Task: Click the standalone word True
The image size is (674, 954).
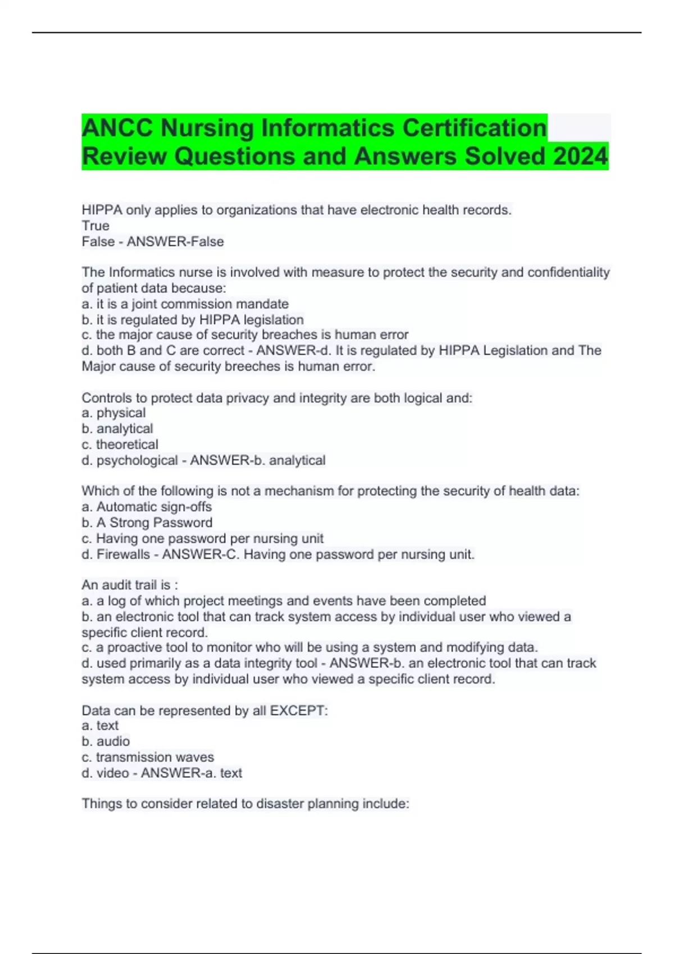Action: tap(95, 226)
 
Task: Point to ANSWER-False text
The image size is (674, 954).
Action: tap(175, 241)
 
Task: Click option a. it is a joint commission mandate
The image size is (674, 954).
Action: tap(185, 304)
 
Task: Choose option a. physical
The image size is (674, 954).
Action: tap(113, 412)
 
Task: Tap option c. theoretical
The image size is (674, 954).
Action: tap(120, 444)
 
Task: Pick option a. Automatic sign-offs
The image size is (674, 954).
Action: tap(147, 507)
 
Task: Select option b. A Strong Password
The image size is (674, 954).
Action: tap(147, 522)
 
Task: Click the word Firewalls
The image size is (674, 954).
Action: tap(123, 554)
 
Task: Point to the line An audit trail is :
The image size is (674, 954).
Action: tap(130, 585)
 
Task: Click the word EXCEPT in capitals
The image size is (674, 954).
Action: tap(297, 710)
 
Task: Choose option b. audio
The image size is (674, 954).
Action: tap(106, 741)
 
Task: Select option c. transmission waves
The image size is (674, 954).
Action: tap(148, 757)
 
